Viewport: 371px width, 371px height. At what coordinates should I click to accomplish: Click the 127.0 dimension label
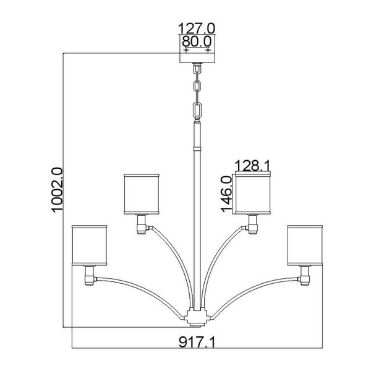tap(197, 28)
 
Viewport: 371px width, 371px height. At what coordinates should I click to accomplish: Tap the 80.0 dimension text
tap(197, 41)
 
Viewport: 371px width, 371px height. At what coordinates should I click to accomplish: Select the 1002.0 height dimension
tap(57, 190)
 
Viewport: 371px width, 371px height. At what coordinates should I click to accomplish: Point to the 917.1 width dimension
tap(197, 342)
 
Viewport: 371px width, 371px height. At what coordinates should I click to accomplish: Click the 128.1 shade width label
tap(252, 165)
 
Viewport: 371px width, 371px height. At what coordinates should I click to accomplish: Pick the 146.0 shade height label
tap(226, 194)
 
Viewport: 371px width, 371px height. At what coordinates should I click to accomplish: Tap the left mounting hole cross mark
tap(187, 50)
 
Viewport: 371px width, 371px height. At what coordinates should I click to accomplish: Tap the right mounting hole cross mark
tap(208, 50)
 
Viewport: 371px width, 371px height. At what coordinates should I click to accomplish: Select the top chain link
tap(197, 69)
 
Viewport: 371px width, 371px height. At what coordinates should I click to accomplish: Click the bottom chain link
tap(197, 110)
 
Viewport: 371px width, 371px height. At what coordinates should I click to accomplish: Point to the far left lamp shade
tap(90, 245)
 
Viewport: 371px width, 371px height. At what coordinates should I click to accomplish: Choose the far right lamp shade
tap(305, 245)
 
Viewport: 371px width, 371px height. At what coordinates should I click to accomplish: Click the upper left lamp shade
tap(142, 194)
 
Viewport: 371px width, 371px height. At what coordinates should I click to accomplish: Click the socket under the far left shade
tap(90, 276)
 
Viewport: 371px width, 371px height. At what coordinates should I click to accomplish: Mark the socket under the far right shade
tap(304, 276)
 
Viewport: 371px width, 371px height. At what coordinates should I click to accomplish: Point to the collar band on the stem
tap(197, 149)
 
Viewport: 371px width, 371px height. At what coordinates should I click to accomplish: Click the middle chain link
tap(197, 88)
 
